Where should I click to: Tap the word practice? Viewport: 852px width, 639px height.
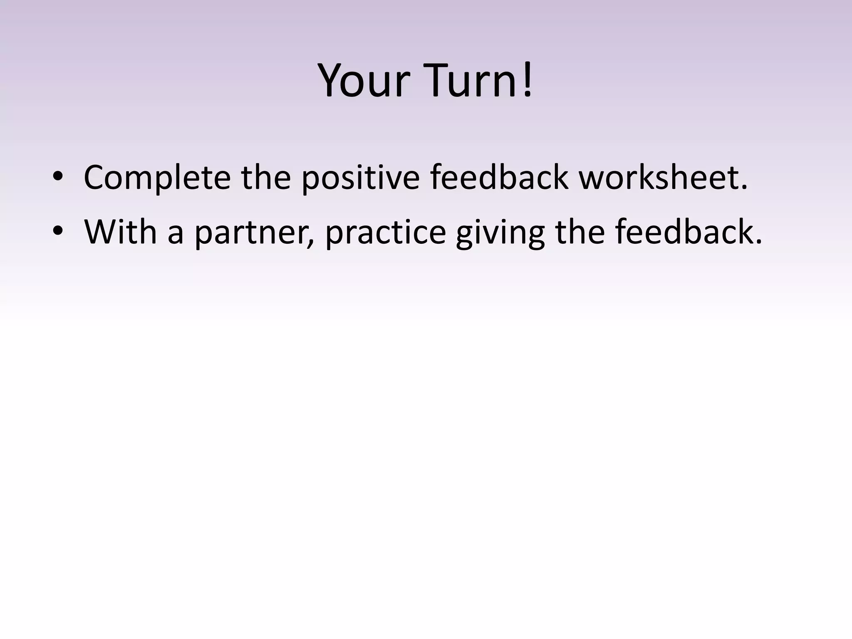[385, 232]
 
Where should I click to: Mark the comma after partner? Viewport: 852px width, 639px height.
[310, 244]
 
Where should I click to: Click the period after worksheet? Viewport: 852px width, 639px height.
[744, 188]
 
